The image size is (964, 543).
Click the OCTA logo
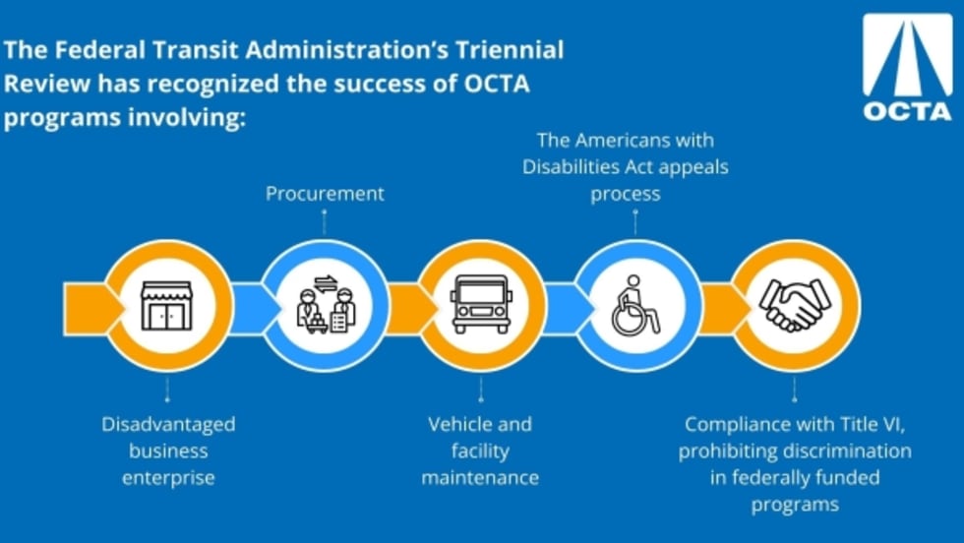click(x=907, y=67)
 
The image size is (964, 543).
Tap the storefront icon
click(x=166, y=306)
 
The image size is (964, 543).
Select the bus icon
click(x=481, y=304)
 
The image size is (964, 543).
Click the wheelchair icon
click(x=635, y=306)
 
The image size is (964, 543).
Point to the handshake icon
click(x=795, y=305)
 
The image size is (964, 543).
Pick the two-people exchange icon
click(x=326, y=304)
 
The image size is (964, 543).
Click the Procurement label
click(x=325, y=194)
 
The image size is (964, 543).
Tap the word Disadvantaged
click(x=168, y=424)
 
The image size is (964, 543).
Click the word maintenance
click(x=480, y=478)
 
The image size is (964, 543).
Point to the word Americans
click(x=626, y=141)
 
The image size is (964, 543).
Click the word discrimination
click(x=846, y=452)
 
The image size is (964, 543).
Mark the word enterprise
click(x=168, y=478)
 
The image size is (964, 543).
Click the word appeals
click(x=693, y=167)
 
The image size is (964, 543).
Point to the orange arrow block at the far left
click(x=92, y=309)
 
